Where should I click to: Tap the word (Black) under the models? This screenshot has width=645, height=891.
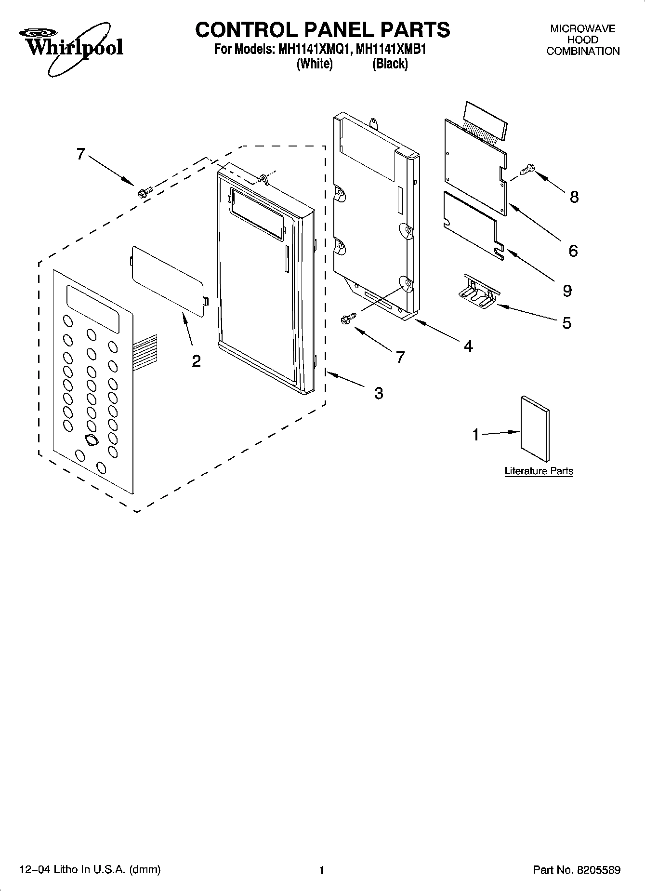pos(390,64)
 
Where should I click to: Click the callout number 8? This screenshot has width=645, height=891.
pos(574,197)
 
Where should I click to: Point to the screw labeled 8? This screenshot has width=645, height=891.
pos(527,169)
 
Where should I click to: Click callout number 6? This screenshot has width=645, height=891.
pos(573,251)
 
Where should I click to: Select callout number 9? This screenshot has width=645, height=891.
pos(567,291)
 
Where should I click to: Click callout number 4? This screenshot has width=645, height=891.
pos(468,346)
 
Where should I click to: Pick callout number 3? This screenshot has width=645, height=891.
pos(379,393)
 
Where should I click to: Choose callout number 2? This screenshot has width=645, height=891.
pos(196,361)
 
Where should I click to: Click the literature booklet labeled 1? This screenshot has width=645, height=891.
pos(535,429)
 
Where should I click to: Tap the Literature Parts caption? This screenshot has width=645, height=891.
pos(539,471)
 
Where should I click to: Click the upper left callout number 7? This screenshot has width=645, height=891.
pos(80,154)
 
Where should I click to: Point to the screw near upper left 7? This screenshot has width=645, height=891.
pos(144,192)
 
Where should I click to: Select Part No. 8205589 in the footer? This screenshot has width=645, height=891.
pos(576,870)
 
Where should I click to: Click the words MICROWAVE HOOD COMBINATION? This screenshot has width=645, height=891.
pos(582,40)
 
